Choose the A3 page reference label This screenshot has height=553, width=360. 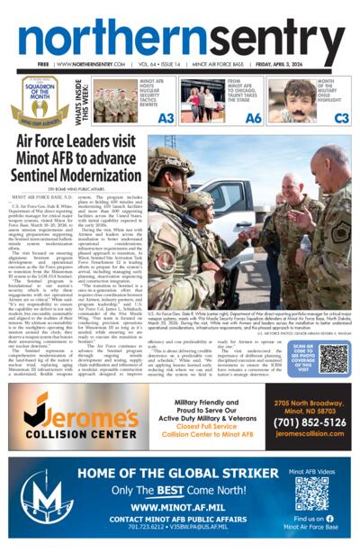[166, 117]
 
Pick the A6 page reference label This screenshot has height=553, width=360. [254, 117]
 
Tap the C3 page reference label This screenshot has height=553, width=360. [341, 117]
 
